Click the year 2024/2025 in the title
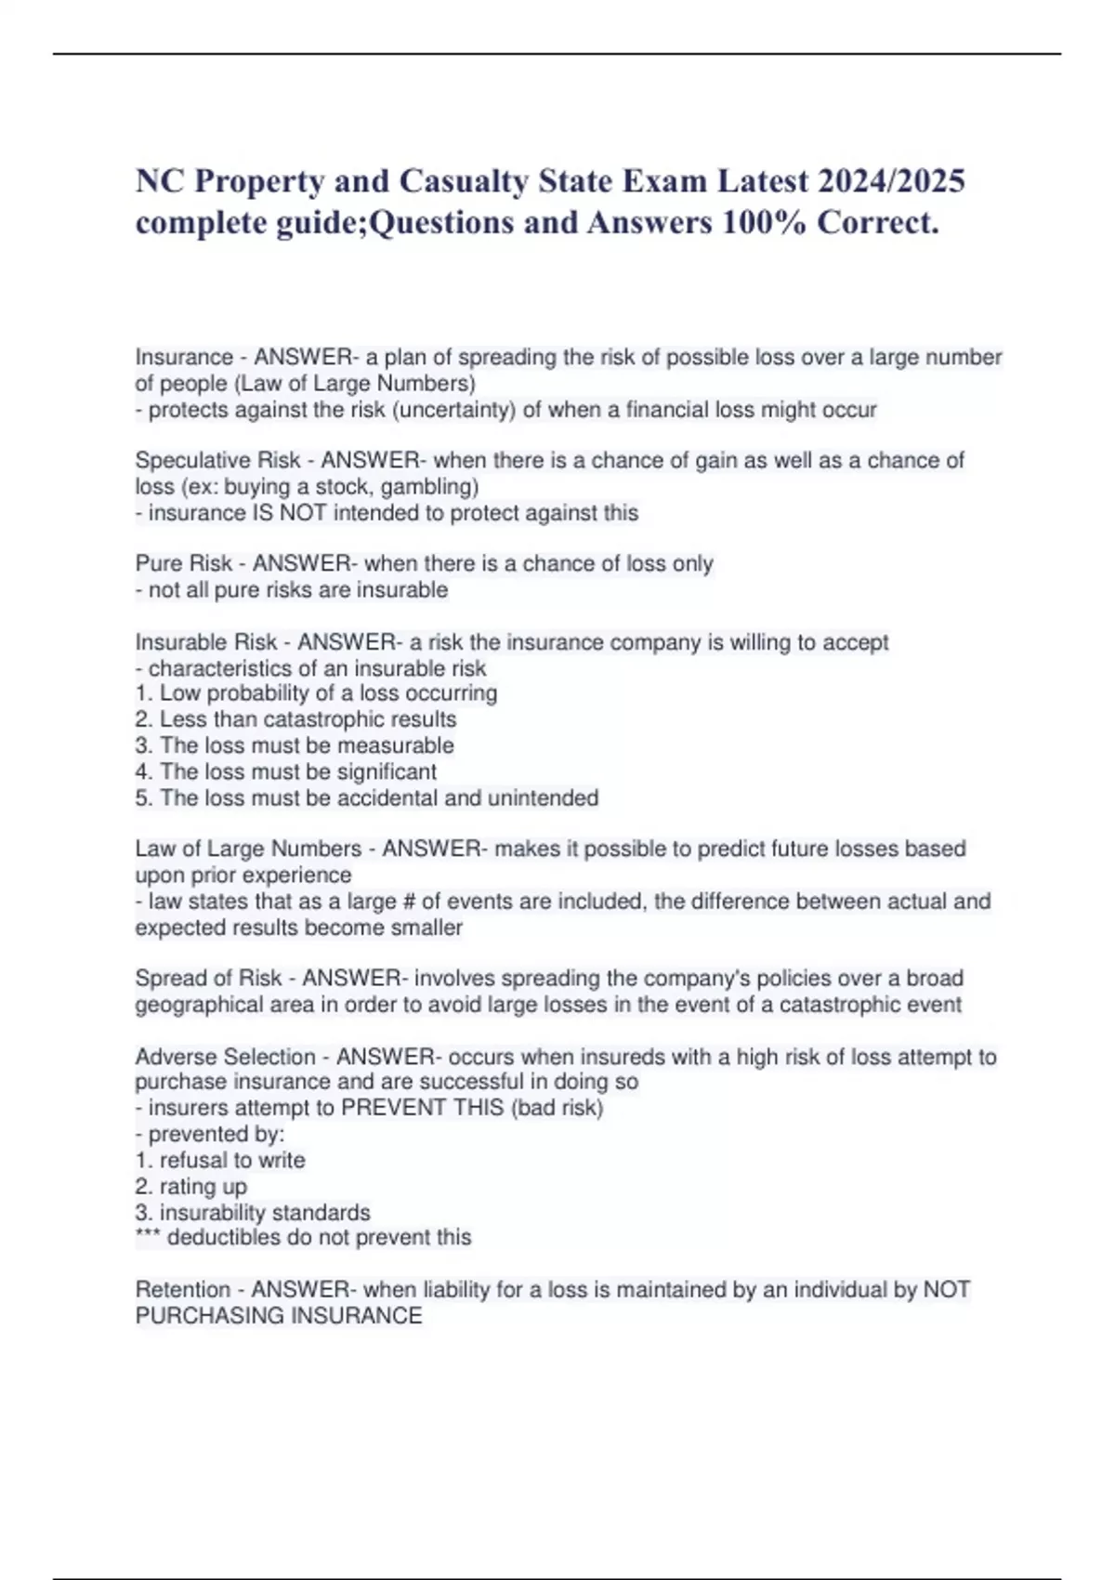[891, 180]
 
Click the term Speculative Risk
[217, 460]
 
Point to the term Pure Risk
[184, 563]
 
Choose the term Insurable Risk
[206, 642]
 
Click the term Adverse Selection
[225, 1057]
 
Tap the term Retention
[181, 1290]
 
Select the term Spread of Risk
[208, 978]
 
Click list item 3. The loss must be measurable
[295, 745]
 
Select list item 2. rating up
[191, 1187]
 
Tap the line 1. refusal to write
[220, 1160]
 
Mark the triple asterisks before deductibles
[148, 1237]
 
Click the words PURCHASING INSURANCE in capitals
[279, 1316]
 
